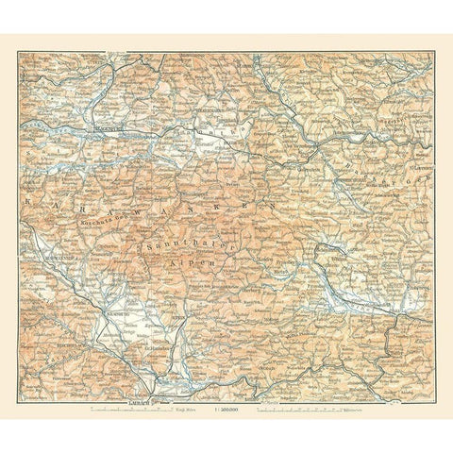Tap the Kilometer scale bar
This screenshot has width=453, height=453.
point(312,384)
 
